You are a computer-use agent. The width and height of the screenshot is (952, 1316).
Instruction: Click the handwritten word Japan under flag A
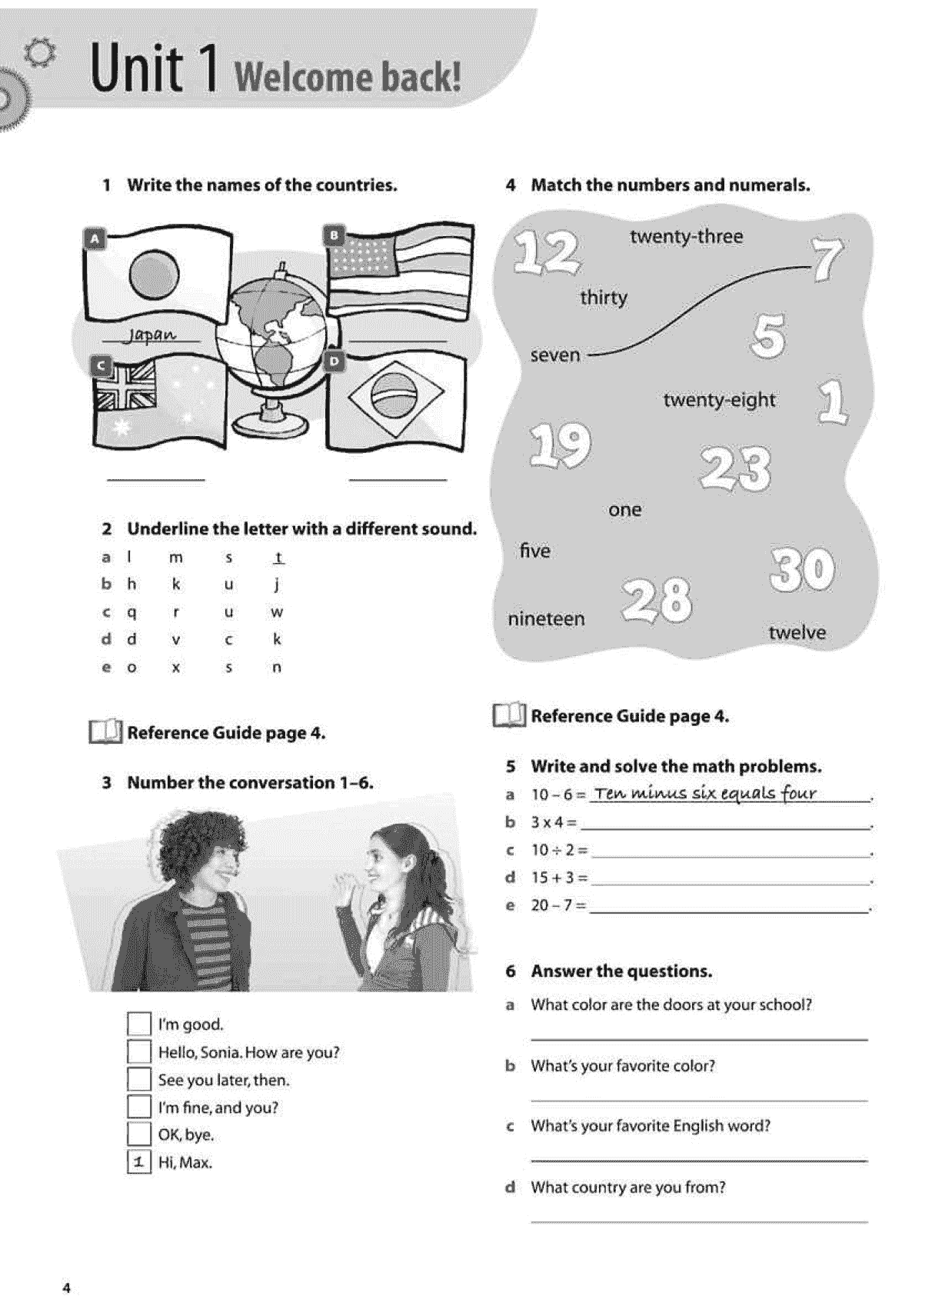click(x=152, y=335)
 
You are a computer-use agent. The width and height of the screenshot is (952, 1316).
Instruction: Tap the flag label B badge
click(x=335, y=235)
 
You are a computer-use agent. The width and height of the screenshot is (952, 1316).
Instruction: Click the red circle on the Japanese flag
click(x=154, y=275)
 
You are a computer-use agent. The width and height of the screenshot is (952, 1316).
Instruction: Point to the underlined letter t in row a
click(x=278, y=558)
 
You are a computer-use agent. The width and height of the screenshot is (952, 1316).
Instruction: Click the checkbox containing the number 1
click(x=138, y=1162)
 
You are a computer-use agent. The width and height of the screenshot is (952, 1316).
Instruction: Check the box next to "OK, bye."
click(x=138, y=1134)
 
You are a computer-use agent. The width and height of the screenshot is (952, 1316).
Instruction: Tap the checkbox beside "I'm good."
click(x=138, y=1024)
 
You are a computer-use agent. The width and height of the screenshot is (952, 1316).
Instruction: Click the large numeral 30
click(x=801, y=570)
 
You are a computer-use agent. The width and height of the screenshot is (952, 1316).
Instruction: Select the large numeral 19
click(x=561, y=445)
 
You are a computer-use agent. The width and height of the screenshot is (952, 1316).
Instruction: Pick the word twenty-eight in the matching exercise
click(x=719, y=400)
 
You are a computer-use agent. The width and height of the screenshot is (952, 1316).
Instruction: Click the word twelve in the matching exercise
click(x=797, y=632)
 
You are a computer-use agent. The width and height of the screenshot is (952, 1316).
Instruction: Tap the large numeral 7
click(x=827, y=258)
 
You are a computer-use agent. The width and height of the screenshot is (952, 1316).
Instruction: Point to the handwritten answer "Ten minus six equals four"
click(x=705, y=793)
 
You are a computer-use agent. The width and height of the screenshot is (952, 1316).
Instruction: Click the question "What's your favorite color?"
click(x=623, y=1066)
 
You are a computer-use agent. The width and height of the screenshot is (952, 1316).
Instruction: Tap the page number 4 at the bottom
click(x=66, y=1288)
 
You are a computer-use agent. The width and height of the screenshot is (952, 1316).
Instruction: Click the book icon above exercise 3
click(x=105, y=731)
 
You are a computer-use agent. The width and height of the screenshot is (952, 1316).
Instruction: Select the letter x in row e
click(x=176, y=668)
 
